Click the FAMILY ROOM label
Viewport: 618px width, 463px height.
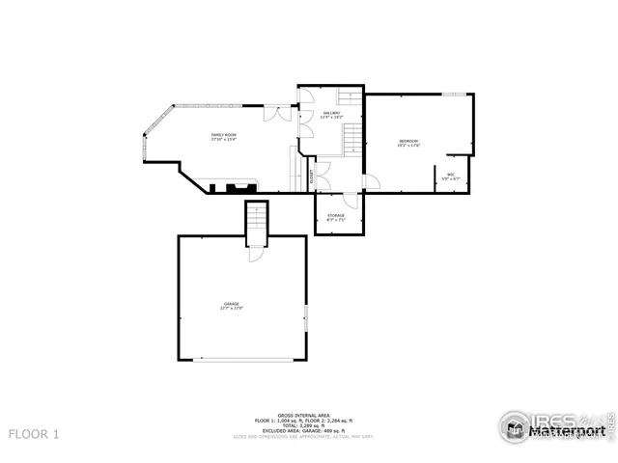pos(224,137)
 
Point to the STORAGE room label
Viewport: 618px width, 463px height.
pos(336,217)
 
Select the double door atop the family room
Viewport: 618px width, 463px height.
pos(278,112)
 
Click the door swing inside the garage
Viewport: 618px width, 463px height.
pos(254,253)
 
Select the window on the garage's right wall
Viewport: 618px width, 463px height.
pos(306,318)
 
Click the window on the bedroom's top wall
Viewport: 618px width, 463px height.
pos(456,95)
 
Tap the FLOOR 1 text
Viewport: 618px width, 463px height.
pos(34,435)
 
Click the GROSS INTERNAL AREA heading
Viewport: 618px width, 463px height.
pos(305,416)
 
